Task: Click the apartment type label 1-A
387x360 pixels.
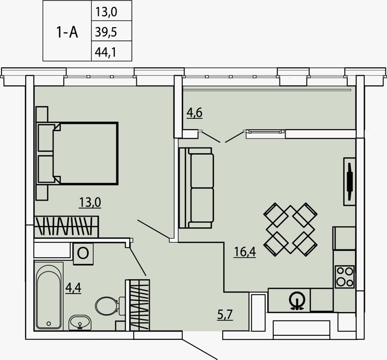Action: (x=67, y=32)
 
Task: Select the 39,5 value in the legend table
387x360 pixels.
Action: (x=106, y=32)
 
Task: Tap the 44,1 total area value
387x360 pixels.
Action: (x=105, y=52)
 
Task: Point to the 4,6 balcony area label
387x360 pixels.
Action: (x=195, y=113)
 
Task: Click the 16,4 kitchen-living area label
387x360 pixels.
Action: (x=244, y=252)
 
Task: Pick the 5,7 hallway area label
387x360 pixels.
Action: (x=225, y=315)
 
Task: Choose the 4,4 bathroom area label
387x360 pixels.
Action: (x=73, y=287)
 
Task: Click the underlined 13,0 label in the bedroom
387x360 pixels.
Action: (x=90, y=203)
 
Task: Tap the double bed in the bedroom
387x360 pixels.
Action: (x=77, y=153)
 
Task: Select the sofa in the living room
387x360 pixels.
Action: (x=196, y=188)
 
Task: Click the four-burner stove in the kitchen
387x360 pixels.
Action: (x=345, y=277)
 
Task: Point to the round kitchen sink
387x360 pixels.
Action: (x=297, y=300)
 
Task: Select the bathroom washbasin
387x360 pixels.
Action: (x=80, y=322)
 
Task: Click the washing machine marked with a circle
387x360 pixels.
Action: (x=83, y=254)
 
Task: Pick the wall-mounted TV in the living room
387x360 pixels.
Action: (x=349, y=182)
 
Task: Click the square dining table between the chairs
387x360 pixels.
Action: (x=290, y=229)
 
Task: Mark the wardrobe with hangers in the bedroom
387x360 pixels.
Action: (x=66, y=226)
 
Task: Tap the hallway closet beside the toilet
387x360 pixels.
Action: (x=138, y=305)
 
